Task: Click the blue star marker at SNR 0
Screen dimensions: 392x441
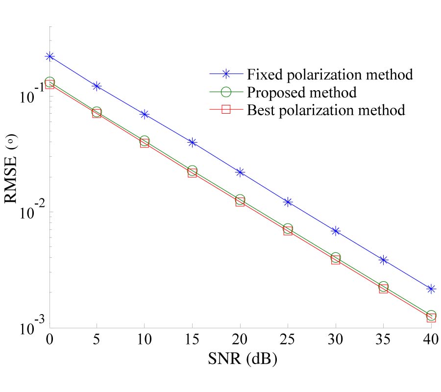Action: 49,56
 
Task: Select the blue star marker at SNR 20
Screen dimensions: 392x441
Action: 240,172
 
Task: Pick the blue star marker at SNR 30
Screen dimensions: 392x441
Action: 336,230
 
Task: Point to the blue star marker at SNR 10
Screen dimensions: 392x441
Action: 145,114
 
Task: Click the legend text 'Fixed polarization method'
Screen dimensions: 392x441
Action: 330,74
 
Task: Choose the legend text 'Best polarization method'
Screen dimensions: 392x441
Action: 326,110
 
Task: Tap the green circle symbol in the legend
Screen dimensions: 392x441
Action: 227,92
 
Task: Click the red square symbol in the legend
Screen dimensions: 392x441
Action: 227,110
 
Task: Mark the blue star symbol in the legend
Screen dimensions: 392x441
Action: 227,74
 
